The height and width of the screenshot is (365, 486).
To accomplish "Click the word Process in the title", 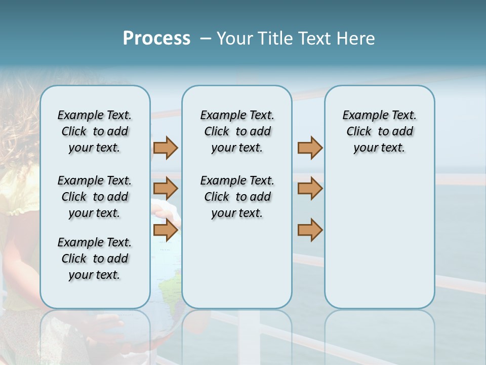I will [156, 38].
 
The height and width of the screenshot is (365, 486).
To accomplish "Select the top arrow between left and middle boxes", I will [166, 148].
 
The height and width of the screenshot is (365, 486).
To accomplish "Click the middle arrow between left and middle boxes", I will [166, 189].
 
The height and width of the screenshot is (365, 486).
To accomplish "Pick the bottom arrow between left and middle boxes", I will [166, 230].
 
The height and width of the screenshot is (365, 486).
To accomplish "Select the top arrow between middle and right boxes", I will [310, 148].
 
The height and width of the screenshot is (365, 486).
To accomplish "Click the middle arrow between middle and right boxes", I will [310, 189].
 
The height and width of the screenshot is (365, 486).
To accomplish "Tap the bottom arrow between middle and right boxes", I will [310, 230].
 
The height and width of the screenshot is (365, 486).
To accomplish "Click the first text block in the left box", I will [95, 131].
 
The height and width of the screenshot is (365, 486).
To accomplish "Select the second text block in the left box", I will [95, 197].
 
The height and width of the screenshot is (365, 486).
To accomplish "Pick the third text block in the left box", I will [95, 259].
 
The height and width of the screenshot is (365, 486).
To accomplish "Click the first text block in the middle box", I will [237, 131].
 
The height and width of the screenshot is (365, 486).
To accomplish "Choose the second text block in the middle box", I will [237, 197].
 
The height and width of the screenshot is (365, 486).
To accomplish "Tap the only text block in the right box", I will [379, 131].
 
